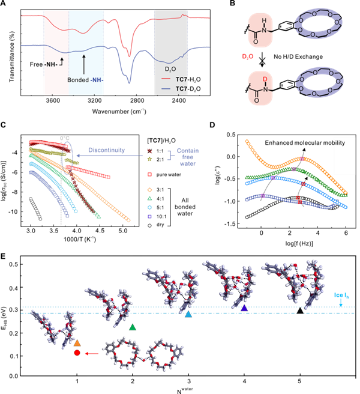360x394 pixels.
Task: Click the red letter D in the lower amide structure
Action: [265, 77]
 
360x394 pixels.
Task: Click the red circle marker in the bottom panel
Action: [77, 353]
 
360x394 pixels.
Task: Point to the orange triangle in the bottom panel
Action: [77, 343]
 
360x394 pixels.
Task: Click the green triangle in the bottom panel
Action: [133, 327]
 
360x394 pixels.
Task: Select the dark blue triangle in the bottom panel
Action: [244, 308]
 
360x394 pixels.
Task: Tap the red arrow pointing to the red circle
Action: [92, 353]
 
